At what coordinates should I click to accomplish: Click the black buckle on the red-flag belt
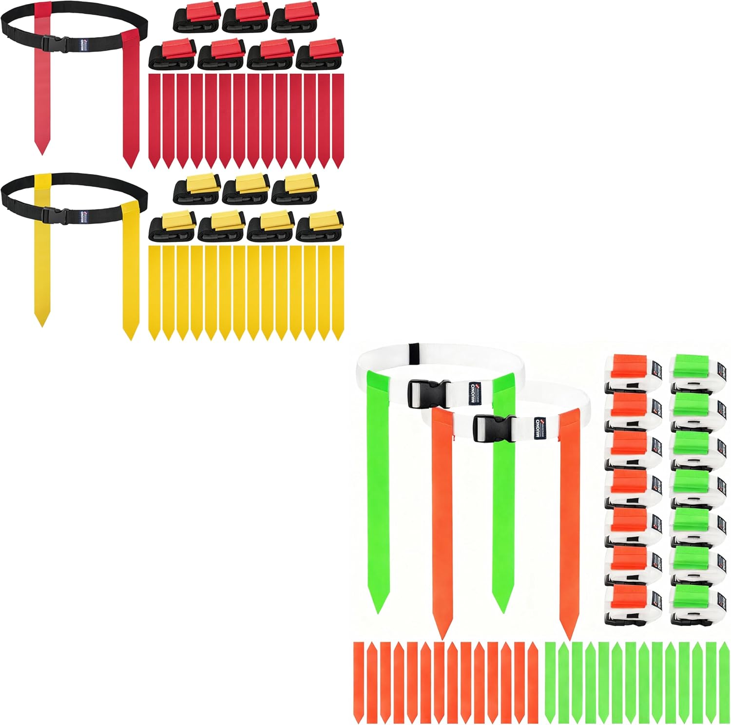pyautogui.click(x=50, y=42)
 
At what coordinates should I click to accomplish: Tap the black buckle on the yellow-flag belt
pyautogui.click(x=50, y=215)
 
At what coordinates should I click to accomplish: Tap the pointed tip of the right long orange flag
pyautogui.click(x=567, y=638)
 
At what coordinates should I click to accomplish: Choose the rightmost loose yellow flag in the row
pyautogui.click(x=337, y=292)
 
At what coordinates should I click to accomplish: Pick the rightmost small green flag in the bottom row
pyautogui.click(x=724, y=682)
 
